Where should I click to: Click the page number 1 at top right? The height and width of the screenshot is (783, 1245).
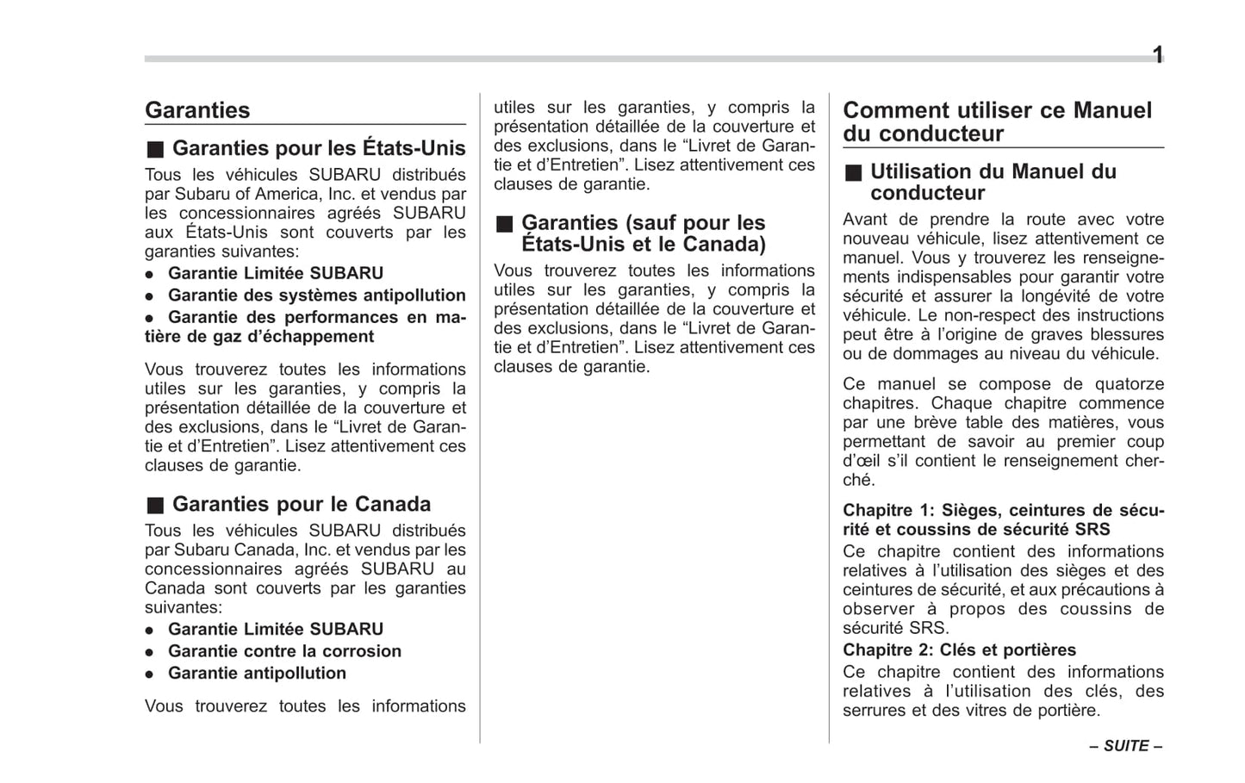[x=1158, y=55]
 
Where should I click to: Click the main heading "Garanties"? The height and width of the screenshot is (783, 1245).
[x=197, y=110]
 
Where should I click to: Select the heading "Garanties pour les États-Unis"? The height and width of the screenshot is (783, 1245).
[x=319, y=148]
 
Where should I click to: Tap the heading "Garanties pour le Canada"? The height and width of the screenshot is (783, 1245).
[x=302, y=504]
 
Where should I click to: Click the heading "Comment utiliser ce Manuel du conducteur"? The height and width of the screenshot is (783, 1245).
[x=997, y=121]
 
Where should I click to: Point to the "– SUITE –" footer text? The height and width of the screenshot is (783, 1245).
[x=1125, y=746]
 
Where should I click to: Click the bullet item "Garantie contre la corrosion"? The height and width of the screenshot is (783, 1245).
[x=284, y=651]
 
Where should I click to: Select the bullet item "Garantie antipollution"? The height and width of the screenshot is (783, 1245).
[x=257, y=673]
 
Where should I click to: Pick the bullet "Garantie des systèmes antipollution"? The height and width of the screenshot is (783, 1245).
[x=316, y=295]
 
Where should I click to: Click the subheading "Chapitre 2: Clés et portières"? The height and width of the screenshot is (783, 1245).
[x=959, y=649]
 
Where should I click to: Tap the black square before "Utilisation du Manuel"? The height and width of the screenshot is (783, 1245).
[x=853, y=172]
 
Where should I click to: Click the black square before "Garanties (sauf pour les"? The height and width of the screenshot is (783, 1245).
[x=504, y=224]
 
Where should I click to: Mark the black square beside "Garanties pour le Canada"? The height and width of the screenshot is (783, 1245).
[x=154, y=505]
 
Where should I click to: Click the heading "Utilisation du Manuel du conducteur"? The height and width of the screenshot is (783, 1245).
[x=993, y=182]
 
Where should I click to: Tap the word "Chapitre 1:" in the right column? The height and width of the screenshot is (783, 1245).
[x=887, y=510]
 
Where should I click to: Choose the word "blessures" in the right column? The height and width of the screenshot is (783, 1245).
[x=1125, y=334]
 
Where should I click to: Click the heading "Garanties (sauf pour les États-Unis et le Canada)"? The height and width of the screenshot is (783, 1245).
[x=643, y=233]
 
